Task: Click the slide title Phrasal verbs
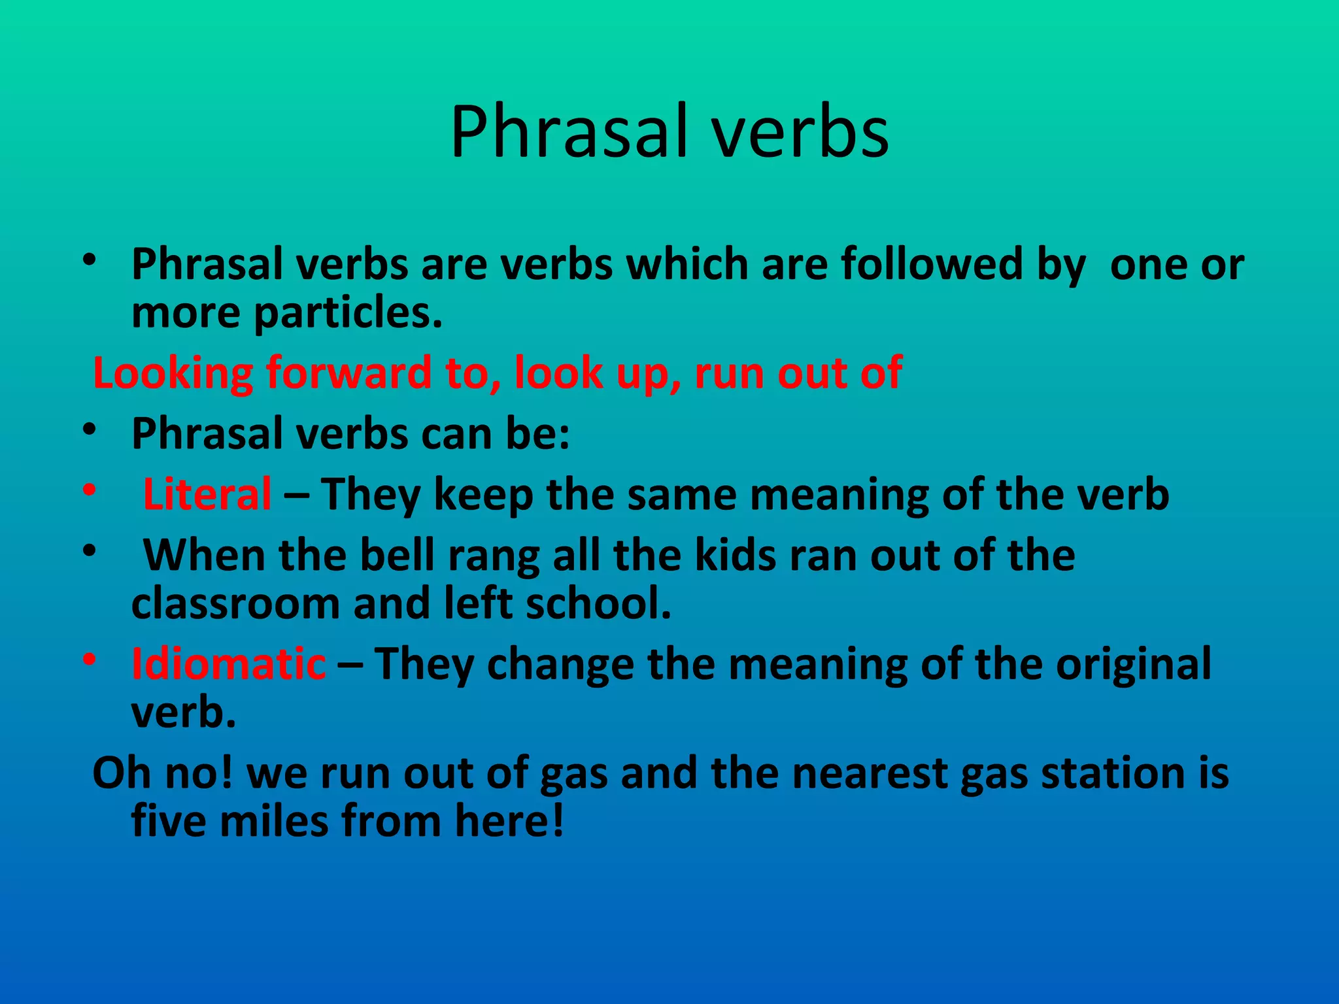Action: coord(669,132)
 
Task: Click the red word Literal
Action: coord(207,494)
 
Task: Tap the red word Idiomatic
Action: coord(228,664)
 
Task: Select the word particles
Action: coord(348,314)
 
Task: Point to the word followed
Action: coord(931,264)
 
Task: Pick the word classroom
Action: coord(235,603)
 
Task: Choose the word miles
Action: coord(274,821)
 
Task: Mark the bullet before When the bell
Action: coord(90,550)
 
